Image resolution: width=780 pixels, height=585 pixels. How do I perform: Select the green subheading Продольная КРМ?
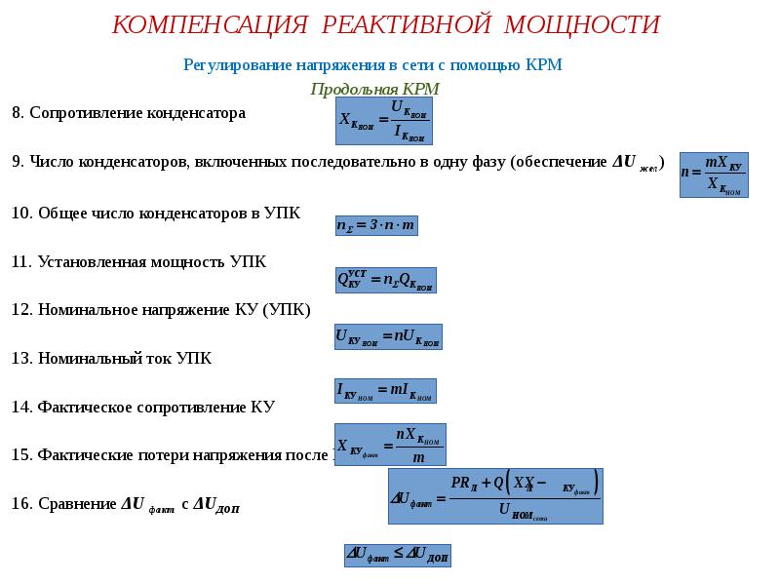coord(374,89)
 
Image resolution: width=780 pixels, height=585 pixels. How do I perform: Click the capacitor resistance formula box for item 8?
coord(383,120)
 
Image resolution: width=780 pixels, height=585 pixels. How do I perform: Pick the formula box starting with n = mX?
coord(713,174)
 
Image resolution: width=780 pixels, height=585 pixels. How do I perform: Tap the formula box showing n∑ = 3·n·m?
coord(375,224)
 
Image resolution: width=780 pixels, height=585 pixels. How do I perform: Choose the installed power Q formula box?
coord(385,280)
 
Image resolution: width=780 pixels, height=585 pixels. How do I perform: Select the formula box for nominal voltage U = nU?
coord(388,336)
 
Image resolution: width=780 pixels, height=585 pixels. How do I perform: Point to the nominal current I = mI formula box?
coord(385,390)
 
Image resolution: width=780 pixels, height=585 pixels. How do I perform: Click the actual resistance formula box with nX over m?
coord(390,444)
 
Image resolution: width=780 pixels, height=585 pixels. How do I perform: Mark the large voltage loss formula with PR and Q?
coord(495,496)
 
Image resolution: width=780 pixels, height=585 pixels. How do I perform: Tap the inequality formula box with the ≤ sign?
coord(397,555)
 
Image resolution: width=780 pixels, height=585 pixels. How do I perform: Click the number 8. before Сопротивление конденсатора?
coord(18,113)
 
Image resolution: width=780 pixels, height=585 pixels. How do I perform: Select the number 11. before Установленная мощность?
coord(21,261)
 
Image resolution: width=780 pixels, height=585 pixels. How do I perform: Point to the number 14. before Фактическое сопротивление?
coord(21,407)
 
